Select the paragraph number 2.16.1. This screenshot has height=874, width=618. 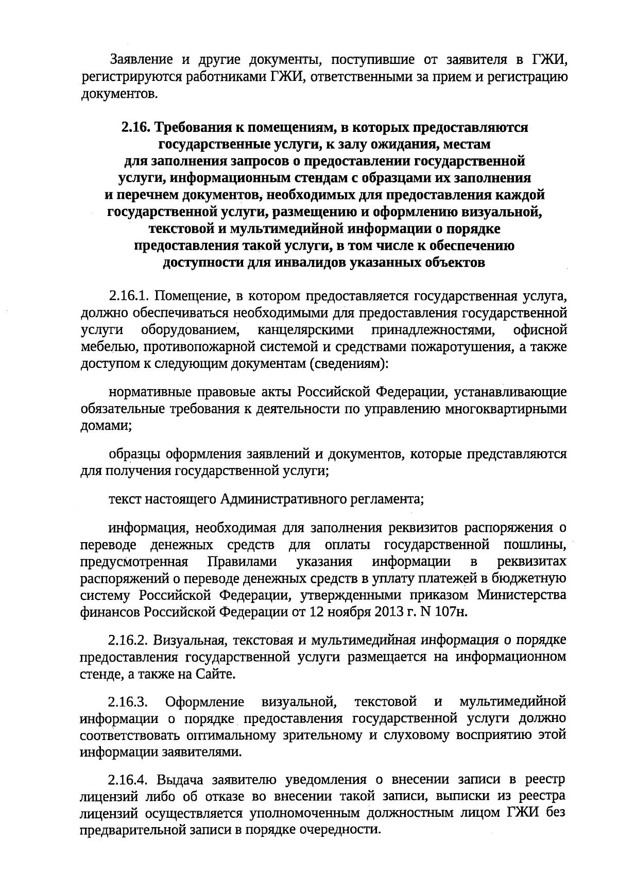point(129,296)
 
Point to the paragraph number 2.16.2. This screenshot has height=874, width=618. point(129,641)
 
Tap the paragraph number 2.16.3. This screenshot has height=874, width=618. point(129,701)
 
